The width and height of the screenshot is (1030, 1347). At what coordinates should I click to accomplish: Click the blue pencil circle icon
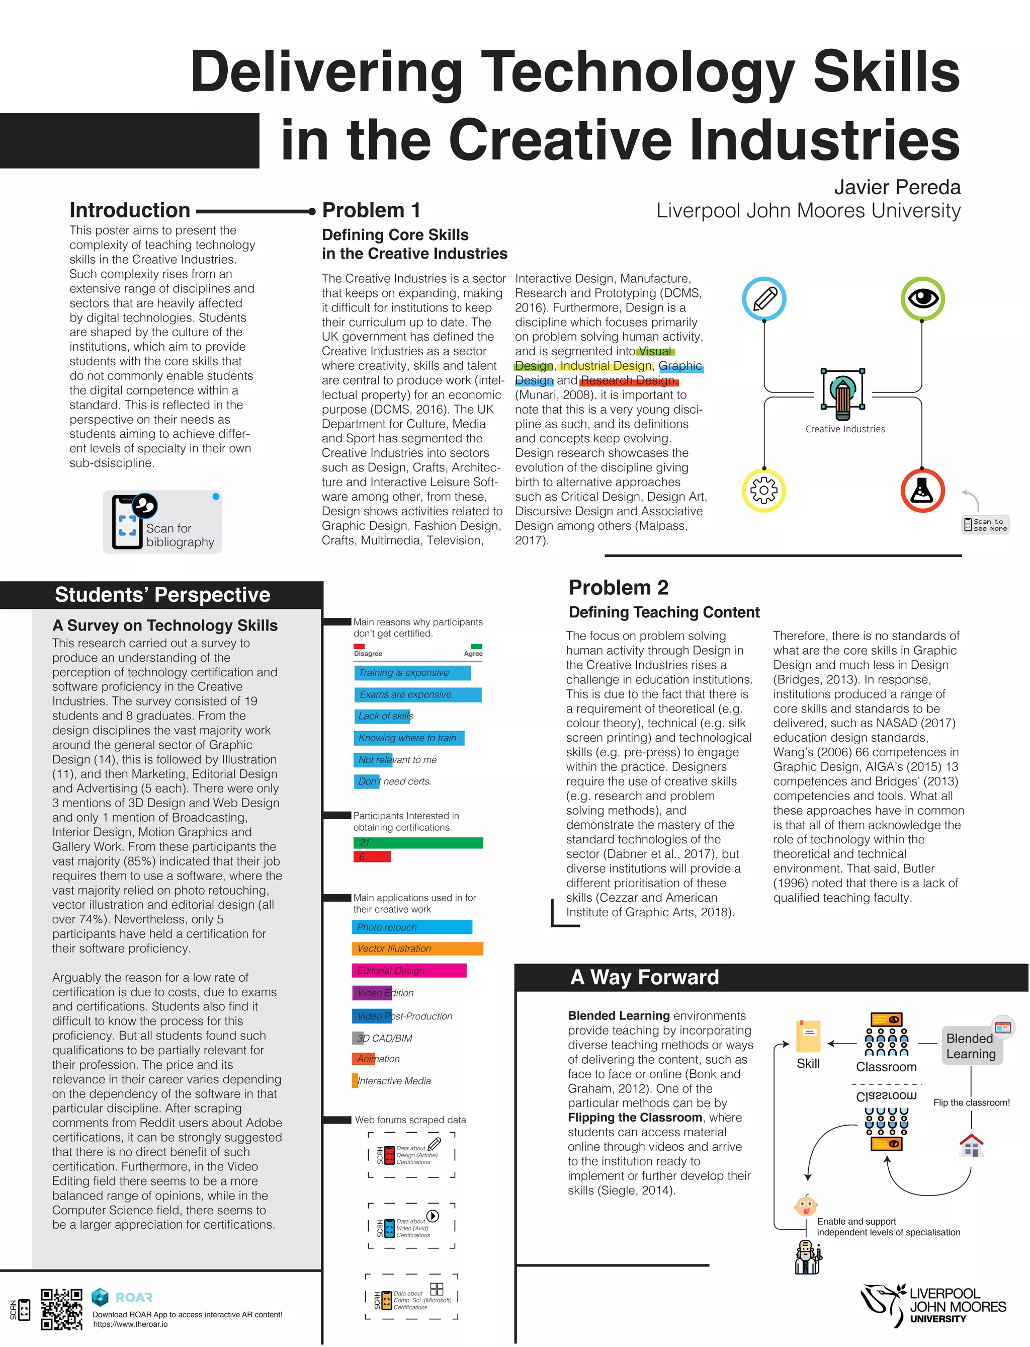(764, 299)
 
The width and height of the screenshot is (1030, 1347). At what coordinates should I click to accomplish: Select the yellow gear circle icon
(764, 490)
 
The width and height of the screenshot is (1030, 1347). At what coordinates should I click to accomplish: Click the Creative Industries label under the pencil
(845, 429)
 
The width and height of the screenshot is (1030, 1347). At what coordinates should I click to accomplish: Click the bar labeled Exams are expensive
(417, 694)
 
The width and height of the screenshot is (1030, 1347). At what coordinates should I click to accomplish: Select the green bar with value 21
(418, 843)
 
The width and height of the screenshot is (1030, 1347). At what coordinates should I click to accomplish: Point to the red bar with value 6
(372, 857)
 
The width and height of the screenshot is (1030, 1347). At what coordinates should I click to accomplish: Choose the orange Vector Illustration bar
(417, 948)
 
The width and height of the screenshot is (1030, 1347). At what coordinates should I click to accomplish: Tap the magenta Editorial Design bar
(409, 971)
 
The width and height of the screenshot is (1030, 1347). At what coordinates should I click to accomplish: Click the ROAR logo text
(134, 1297)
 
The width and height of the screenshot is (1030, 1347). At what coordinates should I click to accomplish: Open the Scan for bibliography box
(162, 522)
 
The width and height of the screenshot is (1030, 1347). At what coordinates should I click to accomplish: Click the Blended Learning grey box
(971, 1046)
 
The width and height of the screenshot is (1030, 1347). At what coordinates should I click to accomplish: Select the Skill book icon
(808, 1037)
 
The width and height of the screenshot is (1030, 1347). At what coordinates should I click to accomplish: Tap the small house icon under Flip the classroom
(971, 1145)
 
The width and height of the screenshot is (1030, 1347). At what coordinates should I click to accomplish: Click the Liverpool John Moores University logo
(933, 1307)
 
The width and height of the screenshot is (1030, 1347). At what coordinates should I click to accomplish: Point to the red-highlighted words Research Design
(629, 380)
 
